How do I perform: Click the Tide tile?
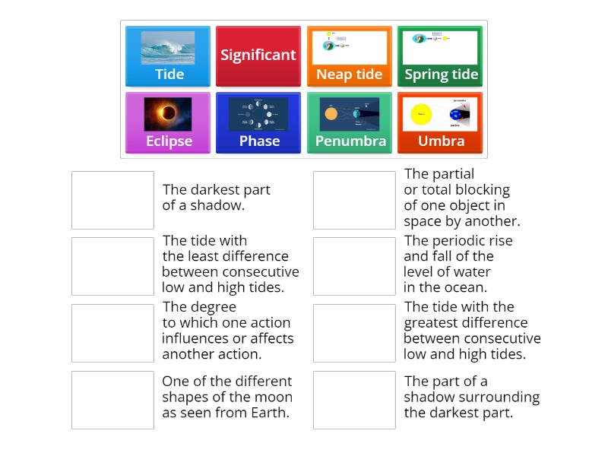pos(168,56)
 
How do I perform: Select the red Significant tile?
pos(258,56)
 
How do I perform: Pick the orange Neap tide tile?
pos(349,56)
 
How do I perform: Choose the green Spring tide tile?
pos(440,56)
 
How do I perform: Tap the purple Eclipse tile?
pos(168,122)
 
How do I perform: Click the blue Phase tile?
pos(258,122)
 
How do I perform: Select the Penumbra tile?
pos(349,122)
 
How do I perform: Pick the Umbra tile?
pos(440,122)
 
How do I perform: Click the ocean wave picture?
pos(168,48)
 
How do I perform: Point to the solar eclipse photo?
pos(168,113)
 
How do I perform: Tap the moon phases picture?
pos(258,113)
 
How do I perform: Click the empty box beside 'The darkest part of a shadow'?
pos(112,200)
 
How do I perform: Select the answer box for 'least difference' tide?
pos(112,266)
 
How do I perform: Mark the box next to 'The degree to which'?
pos(112,333)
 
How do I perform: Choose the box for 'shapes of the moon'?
pos(112,400)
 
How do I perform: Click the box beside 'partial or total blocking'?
pos(354,200)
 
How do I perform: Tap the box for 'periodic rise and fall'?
pos(354,266)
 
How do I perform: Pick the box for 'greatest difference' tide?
pos(354,333)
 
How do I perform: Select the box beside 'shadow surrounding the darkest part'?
pos(354,400)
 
